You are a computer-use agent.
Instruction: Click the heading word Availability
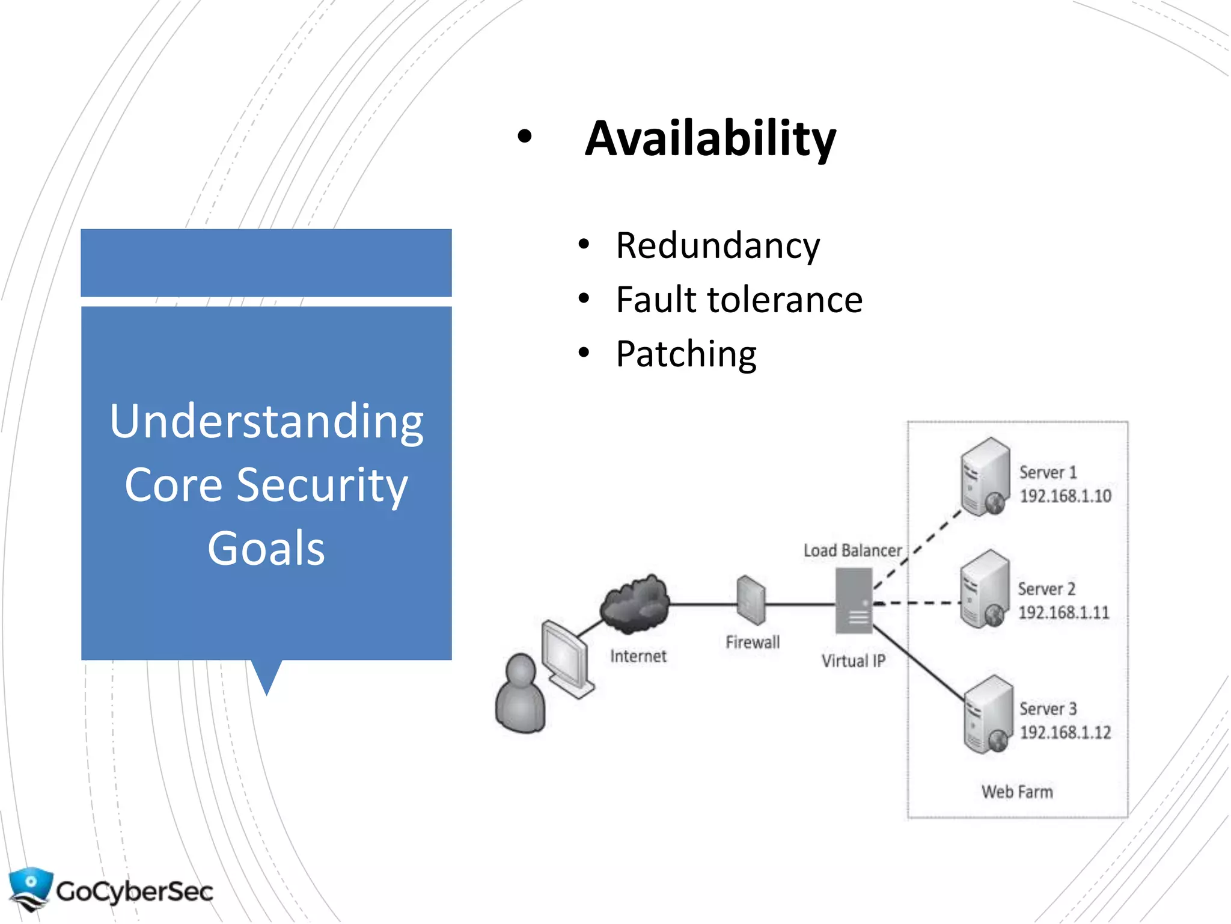(710, 140)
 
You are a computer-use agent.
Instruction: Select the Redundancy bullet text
(718, 246)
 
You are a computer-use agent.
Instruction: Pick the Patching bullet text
(686, 354)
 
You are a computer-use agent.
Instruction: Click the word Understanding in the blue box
(266, 422)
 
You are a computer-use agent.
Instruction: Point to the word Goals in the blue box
(266, 549)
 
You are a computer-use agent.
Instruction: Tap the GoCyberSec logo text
(135, 892)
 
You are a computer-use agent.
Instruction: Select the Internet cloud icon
(635, 604)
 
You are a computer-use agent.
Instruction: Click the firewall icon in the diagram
(751, 600)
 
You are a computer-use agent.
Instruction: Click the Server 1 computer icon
(985, 476)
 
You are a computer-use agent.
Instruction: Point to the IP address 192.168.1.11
(1063, 613)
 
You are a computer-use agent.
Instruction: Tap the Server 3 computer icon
(988, 714)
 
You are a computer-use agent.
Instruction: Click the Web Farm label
(1017, 792)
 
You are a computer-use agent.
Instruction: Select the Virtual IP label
(853, 661)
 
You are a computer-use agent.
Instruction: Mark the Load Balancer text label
(852, 551)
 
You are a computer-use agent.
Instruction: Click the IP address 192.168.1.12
(1065, 733)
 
